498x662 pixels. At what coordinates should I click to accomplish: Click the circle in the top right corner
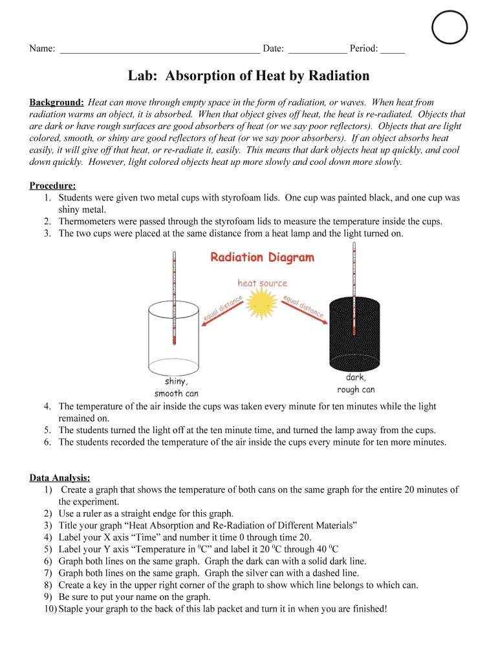click(x=449, y=27)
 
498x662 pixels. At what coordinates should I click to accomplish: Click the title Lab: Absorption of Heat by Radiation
click(x=248, y=76)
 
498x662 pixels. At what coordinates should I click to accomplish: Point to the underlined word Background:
click(x=57, y=103)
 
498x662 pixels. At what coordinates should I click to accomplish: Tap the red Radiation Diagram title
click(x=262, y=258)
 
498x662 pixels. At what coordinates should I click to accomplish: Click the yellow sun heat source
click(x=262, y=304)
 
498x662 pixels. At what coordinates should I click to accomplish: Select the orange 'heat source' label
click(x=262, y=283)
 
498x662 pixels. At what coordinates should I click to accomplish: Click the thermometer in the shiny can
click(x=174, y=297)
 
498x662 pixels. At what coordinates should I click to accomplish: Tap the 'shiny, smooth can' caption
click(x=176, y=387)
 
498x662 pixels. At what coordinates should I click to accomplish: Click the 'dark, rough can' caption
click(x=356, y=383)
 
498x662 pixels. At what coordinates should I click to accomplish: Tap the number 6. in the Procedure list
click(x=49, y=443)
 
